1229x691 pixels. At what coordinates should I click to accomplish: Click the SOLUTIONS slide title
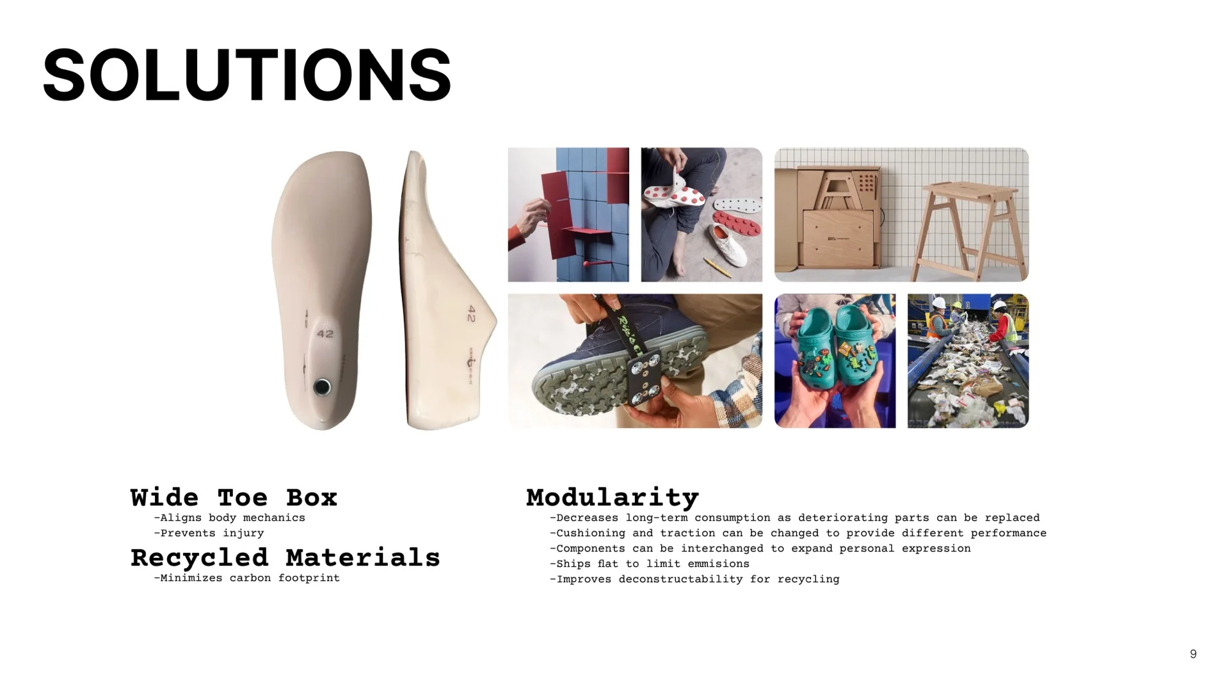coord(246,75)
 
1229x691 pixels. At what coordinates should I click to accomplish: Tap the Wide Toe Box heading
coord(234,498)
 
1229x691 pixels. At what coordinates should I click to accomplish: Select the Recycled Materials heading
coord(285,558)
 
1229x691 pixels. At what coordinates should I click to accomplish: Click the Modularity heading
coord(613,497)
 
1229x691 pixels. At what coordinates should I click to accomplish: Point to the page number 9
coord(1193,654)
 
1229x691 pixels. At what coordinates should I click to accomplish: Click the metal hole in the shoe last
coord(322,387)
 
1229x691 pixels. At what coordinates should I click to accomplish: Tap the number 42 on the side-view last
coord(472,314)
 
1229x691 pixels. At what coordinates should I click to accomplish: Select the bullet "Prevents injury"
coord(209,533)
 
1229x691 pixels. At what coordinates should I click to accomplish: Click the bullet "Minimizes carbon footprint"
coord(246,578)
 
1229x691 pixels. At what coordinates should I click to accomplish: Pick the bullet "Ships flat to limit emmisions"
coord(649,564)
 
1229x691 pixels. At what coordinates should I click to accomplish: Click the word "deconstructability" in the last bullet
coord(681,579)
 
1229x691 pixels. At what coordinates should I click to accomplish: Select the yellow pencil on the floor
coord(717,267)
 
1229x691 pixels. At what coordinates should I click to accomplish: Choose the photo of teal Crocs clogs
coord(835,361)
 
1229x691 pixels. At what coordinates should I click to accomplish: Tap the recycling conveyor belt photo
coord(968,361)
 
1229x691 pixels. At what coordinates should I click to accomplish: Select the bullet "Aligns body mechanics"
coord(229,518)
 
